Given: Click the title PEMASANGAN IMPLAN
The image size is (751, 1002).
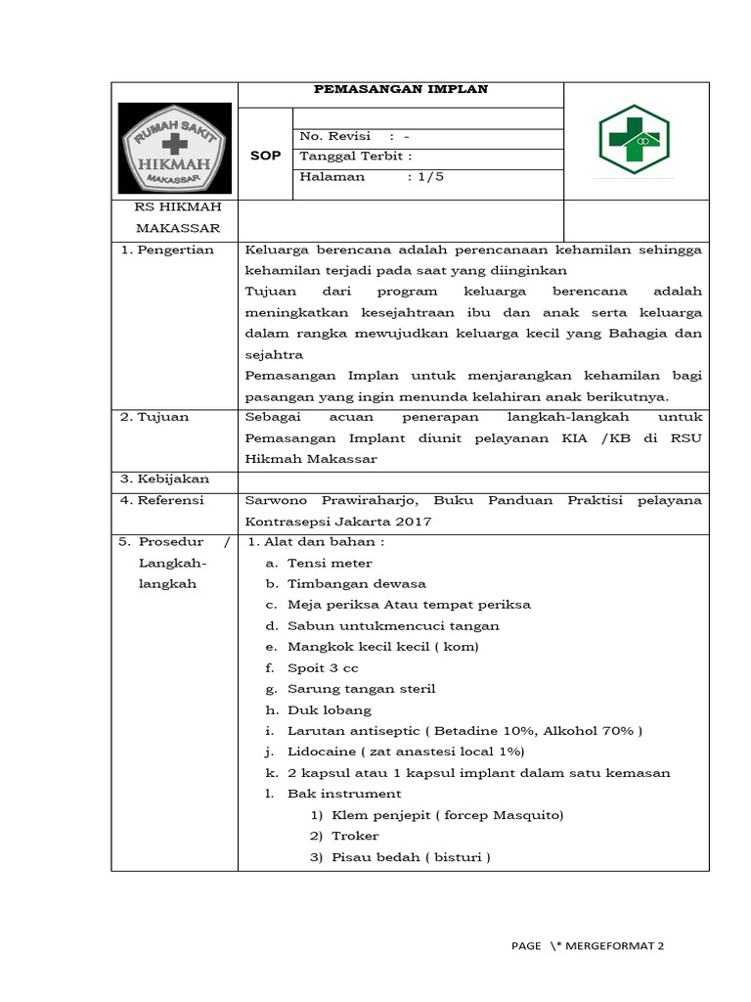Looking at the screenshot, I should click(400, 90).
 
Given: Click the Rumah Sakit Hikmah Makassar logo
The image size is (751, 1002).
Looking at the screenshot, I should click(175, 148).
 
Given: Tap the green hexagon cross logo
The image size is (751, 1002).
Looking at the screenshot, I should click(634, 141).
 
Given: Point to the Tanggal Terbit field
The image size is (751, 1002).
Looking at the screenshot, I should click(356, 157).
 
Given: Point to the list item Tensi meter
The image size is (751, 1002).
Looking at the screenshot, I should click(330, 563).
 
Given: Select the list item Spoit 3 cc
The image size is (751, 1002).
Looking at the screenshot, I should click(323, 668).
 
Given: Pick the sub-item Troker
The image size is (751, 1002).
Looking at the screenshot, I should click(355, 836).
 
